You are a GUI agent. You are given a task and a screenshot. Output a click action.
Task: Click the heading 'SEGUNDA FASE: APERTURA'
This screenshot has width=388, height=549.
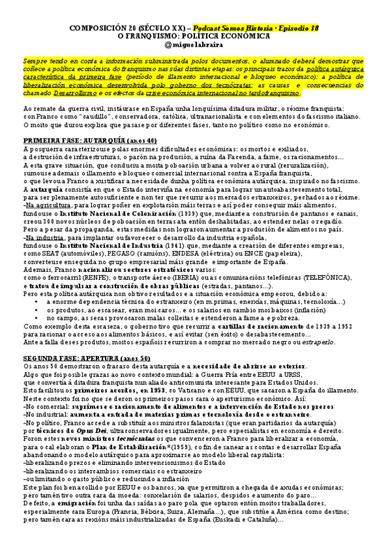pos(64,357)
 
